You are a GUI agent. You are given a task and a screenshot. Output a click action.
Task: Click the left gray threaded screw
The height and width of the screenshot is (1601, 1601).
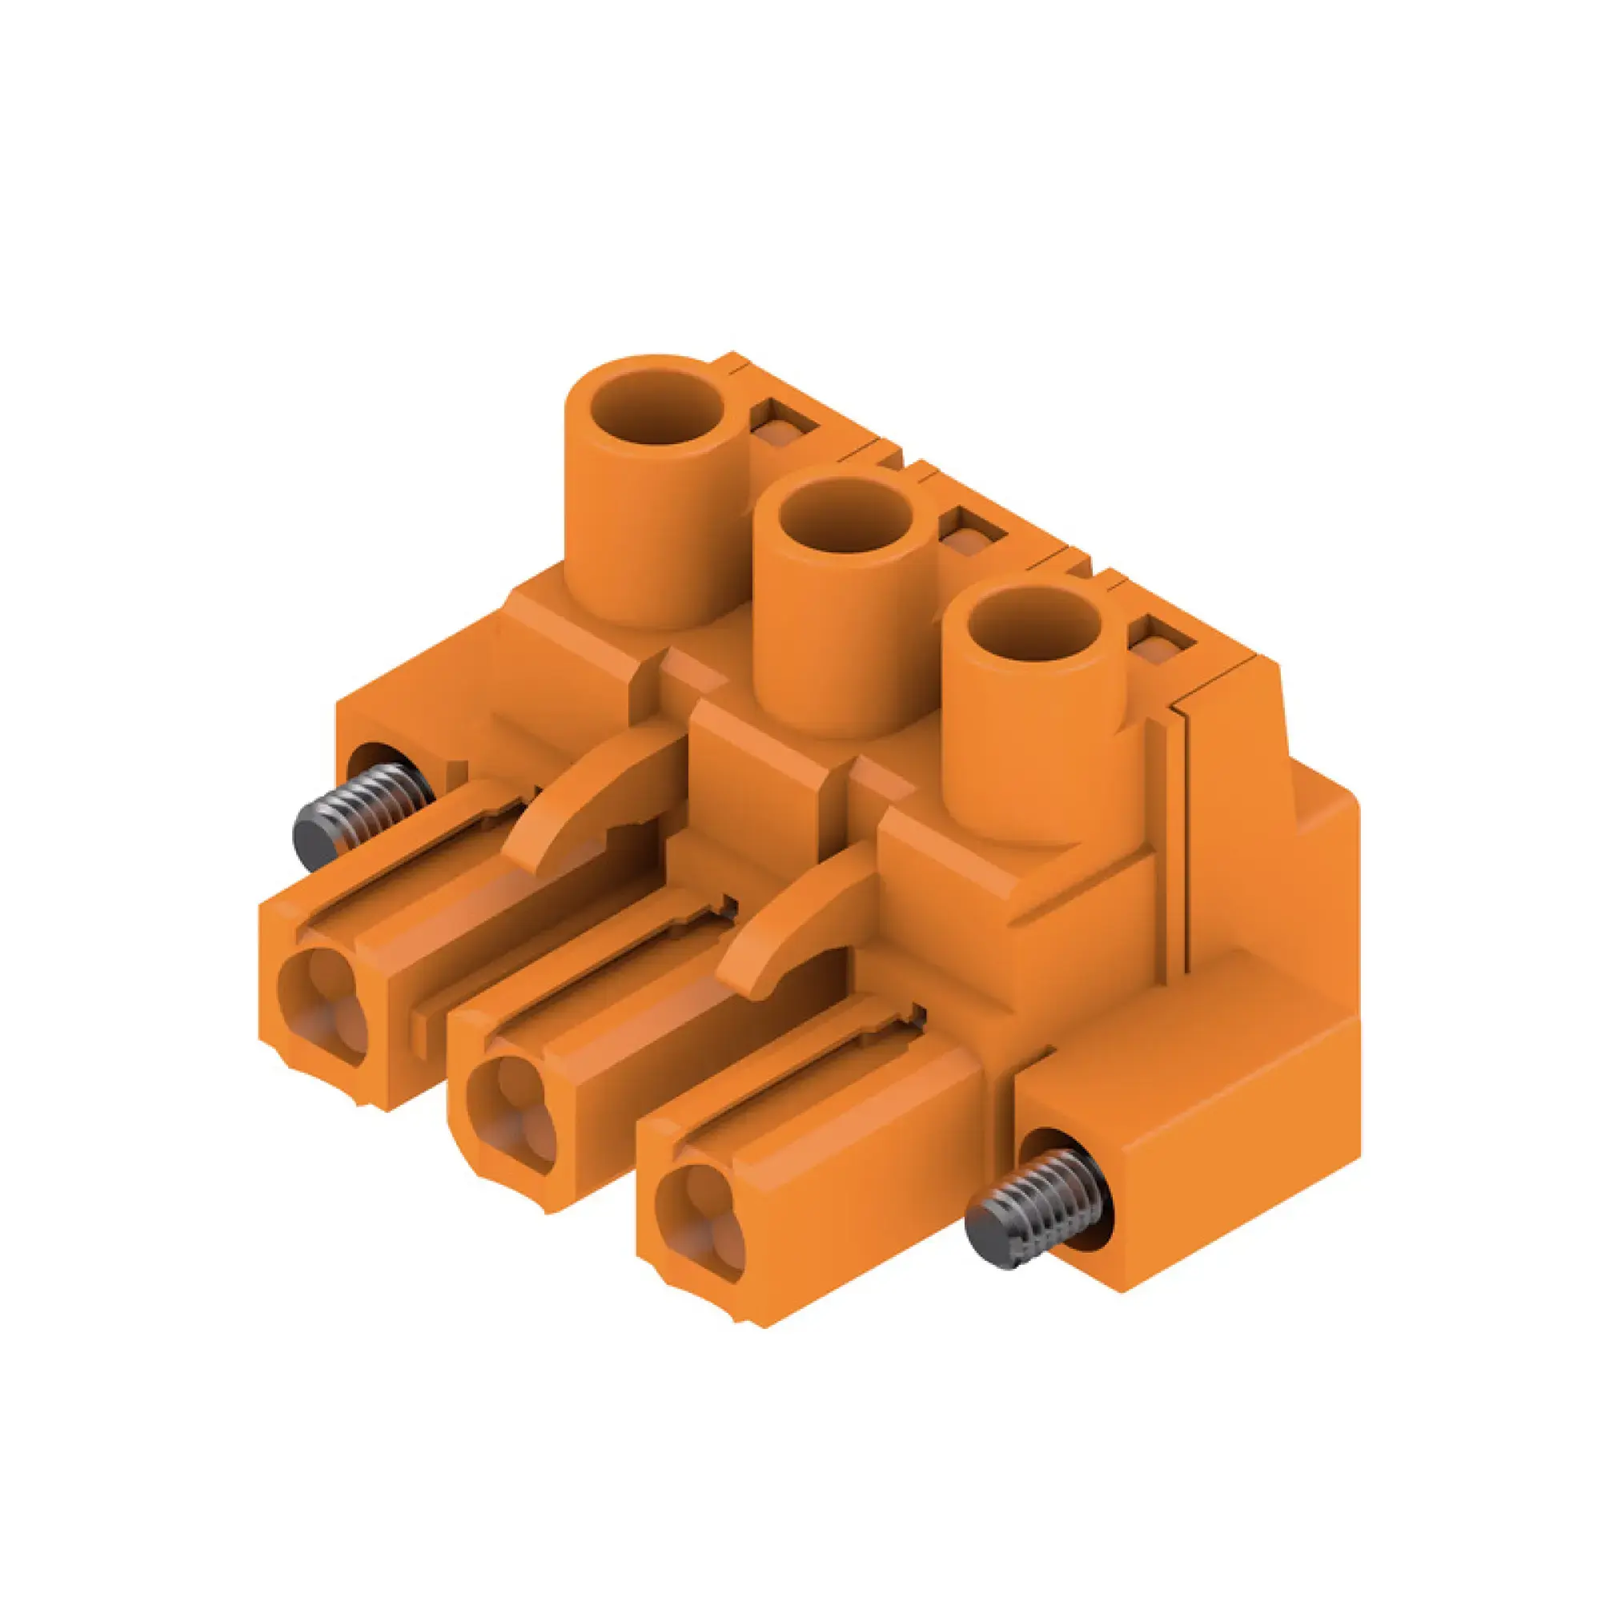tap(364, 817)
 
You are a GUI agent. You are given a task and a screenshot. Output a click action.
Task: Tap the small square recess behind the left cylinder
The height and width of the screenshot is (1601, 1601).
tap(783, 427)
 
